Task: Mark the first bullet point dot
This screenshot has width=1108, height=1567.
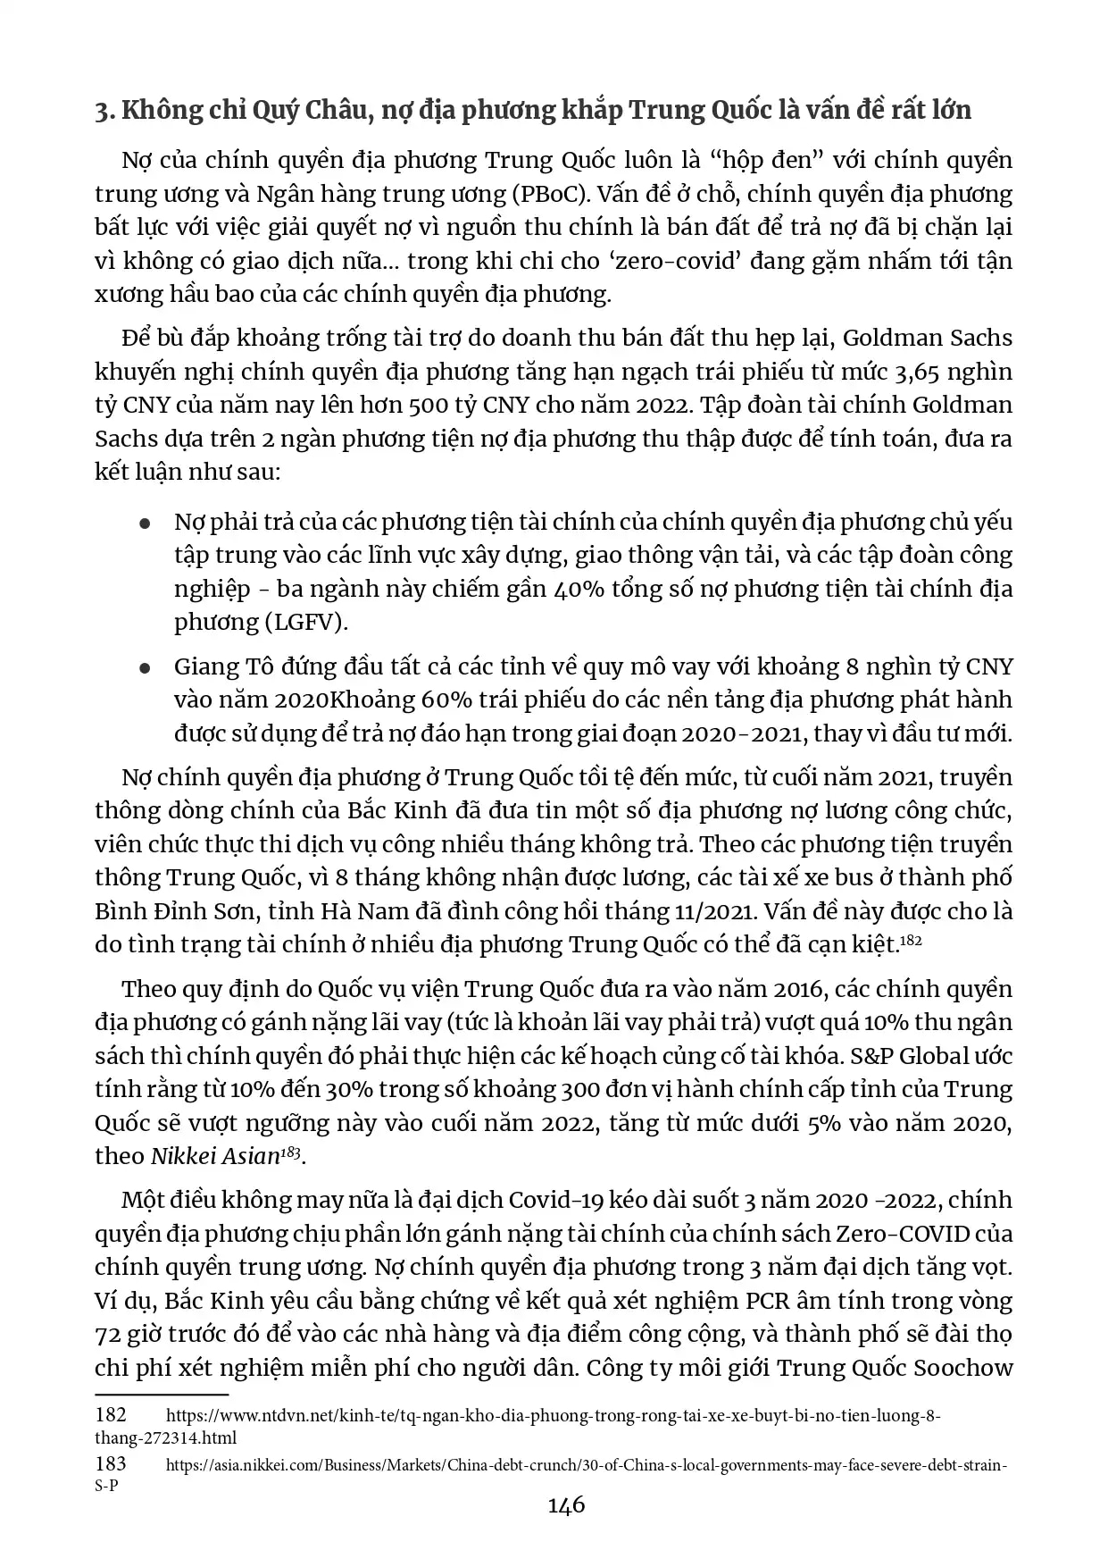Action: (x=145, y=524)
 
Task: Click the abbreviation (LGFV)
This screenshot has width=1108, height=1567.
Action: (x=304, y=623)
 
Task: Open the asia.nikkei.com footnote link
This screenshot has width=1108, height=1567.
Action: (x=587, y=1466)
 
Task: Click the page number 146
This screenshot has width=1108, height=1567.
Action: (x=566, y=1505)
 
